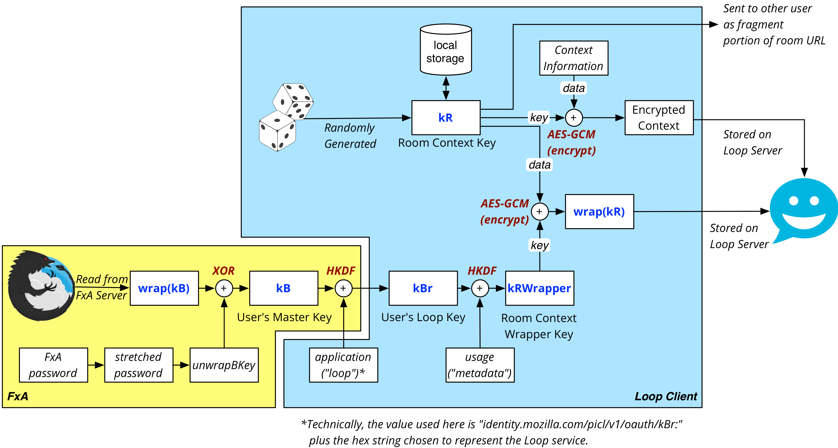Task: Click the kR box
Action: click(x=446, y=117)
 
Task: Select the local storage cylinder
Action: click(x=446, y=49)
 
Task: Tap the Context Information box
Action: click(x=574, y=58)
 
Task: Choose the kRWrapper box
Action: click(x=539, y=288)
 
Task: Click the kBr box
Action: click(x=423, y=288)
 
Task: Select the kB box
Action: click(x=283, y=288)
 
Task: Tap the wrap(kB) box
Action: click(x=164, y=288)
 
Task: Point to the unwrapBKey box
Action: click(x=224, y=365)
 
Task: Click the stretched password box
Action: click(x=139, y=365)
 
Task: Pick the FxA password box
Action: click(x=53, y=365)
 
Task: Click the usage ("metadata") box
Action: click(x=480, y=365)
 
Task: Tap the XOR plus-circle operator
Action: click(x=224, y=288)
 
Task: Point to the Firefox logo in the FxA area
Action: click(x=41, y=285)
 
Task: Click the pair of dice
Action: click(x=286, y=117)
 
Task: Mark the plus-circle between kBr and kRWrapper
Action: click(x=480, y=288)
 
